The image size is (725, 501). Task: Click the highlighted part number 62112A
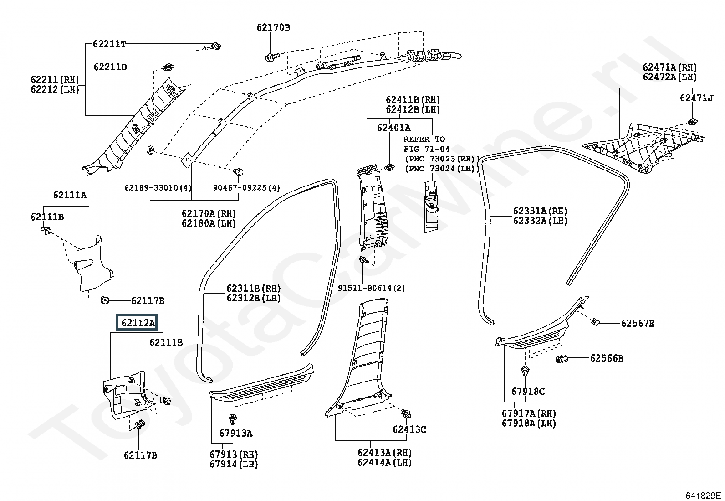click(138, 323)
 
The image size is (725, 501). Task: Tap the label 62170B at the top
click(273, 27)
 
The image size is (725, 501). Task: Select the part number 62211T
click(109, 44)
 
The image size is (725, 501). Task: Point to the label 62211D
click(110, 67)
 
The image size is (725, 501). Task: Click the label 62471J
click(696, 98)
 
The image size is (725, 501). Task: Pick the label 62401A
click(393, 128)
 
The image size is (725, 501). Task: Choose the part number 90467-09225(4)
click(246, 188)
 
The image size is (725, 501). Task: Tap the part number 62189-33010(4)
click(158, 188)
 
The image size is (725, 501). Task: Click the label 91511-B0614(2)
click(371, 288)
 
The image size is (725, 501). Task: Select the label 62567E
click(638, 323)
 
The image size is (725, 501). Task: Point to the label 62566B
click(607, 358)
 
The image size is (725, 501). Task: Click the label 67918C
click(528, 392)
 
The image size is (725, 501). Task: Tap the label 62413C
click(409, 429)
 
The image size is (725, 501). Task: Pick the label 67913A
click(235, 433)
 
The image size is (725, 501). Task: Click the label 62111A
click(70, 195)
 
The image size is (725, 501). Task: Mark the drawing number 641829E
click(703, 496)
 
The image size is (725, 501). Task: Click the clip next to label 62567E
click(595, 322)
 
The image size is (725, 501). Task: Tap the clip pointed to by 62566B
click(561, 359)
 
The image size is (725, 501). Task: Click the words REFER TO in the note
click(424, 139)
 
